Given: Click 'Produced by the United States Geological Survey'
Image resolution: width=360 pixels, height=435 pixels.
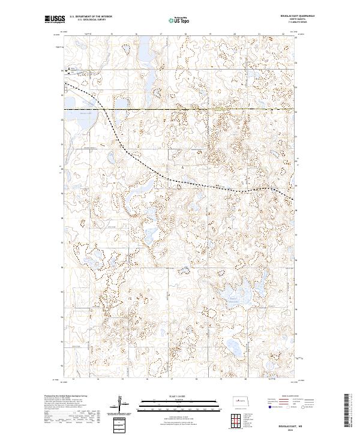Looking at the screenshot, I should (x=66, y=397).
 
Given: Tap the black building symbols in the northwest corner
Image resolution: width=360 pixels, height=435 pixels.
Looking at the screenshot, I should (x=68, y=70).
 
